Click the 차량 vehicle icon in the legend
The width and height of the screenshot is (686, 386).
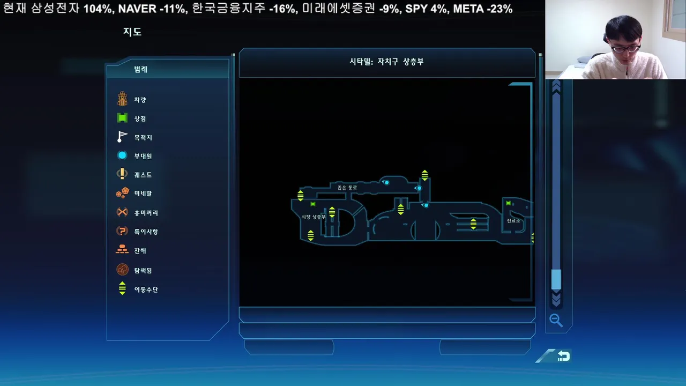(x=122, y=99)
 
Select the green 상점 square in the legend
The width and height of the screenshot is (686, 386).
(x=122, y=118)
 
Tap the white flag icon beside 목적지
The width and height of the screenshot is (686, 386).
(x=122, y=137)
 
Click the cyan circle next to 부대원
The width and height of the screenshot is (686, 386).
(x=122, y=155)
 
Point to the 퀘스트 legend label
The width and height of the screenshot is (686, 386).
(x=143, y=175)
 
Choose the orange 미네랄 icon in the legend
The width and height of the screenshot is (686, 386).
(x=123, y=193)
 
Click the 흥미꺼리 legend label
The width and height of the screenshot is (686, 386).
(x=146, y=213)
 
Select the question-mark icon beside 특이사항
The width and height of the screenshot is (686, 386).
(x=122, y=231)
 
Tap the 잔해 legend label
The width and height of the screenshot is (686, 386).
(x=140, y=251)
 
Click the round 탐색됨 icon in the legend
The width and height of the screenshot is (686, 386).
(x=123, y=270)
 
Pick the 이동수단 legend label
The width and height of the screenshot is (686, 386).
(x=146, y=289)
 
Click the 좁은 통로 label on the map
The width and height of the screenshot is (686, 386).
(x=347, y=188)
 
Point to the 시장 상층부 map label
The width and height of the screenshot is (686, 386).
(x=314, y=217)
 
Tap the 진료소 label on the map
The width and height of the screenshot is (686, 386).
(x=513, y=220)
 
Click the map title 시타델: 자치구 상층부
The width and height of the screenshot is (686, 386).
(x=386, y=62)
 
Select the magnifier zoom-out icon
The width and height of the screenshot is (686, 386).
(x=556, y=321)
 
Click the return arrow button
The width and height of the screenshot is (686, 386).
(x=564, y=356)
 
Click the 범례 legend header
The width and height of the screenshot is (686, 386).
(x=141, y=69)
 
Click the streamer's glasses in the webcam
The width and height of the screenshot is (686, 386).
(x=625, y=49)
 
